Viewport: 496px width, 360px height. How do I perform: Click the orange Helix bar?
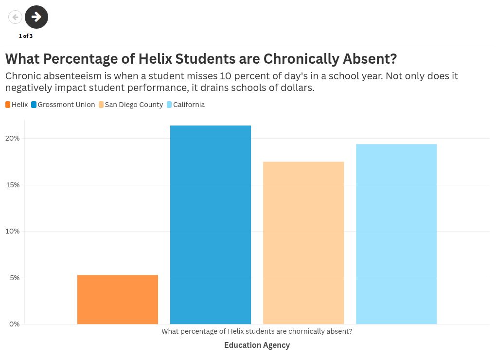click(118, 299)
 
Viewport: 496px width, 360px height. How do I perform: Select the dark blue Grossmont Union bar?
click(211, 225)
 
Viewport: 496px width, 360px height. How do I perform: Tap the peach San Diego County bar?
click(303, 243)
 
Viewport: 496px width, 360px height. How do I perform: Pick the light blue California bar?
click(396, 234)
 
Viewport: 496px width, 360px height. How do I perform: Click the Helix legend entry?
click(17, 105)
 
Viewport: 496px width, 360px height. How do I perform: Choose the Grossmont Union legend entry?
click(63, 105)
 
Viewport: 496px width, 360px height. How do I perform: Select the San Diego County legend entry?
click(131, 105)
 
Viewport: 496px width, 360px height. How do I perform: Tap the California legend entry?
click(186, 105)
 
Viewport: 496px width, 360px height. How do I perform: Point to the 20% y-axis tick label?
click(12, 138)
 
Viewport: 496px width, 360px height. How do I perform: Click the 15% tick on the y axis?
click(13, 185)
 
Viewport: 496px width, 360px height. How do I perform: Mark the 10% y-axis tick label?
click(12, 231)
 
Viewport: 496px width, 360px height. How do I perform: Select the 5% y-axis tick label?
click(15, 278)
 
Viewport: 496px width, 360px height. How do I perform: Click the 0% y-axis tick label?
click(14, 324)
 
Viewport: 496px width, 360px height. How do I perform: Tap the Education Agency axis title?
click(257, 345)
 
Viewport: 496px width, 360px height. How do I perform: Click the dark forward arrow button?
click(36, 17)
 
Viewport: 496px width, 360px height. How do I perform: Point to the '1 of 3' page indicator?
click(26, 36)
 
